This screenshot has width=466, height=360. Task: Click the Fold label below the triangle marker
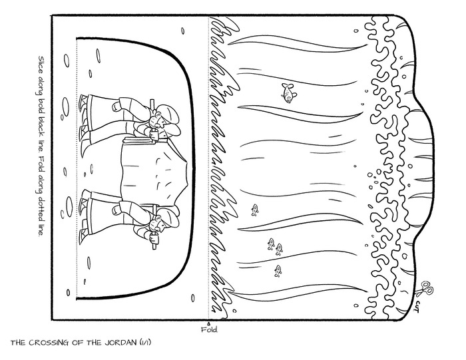tap(209, 329)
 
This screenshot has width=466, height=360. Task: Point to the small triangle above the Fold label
tap(208, 323)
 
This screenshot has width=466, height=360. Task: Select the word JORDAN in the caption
tap(120, 343)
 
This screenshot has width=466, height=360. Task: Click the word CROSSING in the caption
tap(53, 343)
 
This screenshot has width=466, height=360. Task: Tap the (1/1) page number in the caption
tap(145, 343)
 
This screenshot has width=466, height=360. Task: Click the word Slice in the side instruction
tap(40, 65)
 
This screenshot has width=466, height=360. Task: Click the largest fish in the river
tap(288, 92)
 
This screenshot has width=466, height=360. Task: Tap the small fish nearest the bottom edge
tap(278, 271)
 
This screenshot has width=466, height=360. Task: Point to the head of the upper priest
tap(164, 117)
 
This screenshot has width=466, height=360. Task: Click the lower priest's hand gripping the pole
tap(154, 237)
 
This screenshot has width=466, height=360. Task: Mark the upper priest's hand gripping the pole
tap(154, 134)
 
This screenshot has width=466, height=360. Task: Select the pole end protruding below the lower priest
tap(154, 246)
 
